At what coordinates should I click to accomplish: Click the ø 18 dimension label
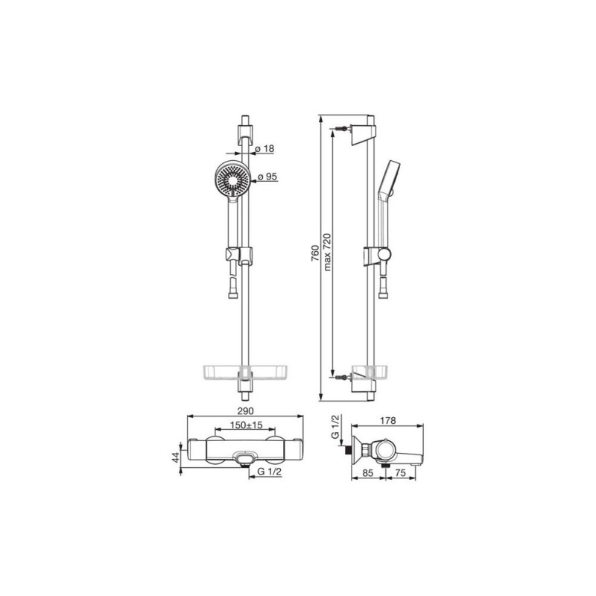(x=264, y=148)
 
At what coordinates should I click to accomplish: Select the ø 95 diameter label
(x=267, y=177)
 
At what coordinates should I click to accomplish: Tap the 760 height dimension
(x=315, y=253)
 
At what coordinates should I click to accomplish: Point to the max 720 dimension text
(x=327, y=252)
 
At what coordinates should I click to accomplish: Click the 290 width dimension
(x=245, y=411)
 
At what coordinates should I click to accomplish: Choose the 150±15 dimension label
(x=247, y=425)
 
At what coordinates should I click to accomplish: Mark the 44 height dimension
(x=175, y=457)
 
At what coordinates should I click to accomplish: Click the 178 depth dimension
(x=387, y=420)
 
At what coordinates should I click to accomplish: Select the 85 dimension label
(x=368, y=473)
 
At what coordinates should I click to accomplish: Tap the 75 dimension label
(x=401, y=473)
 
